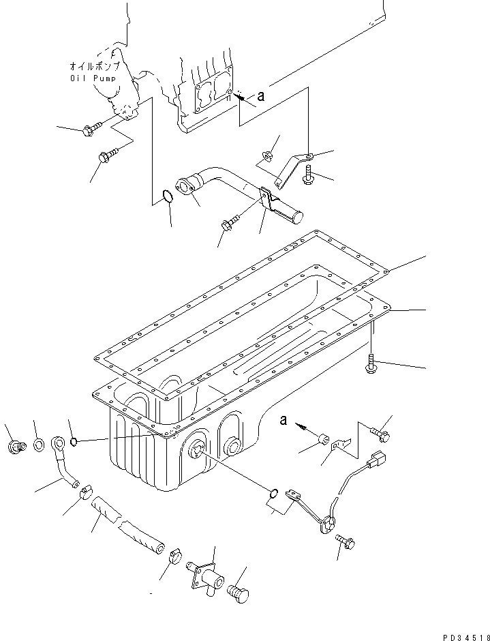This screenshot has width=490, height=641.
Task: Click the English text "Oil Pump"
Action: pyautogui.click(x=94, y=78)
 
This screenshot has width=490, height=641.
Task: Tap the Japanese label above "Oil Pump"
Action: pyautogui.click(x=95, y=67)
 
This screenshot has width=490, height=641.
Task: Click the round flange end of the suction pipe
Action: pyautogui.click(x=185, y=186)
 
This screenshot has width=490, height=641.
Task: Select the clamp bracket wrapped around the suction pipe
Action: pyautogui.click(x=273, y=202)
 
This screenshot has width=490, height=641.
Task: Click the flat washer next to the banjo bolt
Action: pyautogui.click(x=39, y=446)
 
